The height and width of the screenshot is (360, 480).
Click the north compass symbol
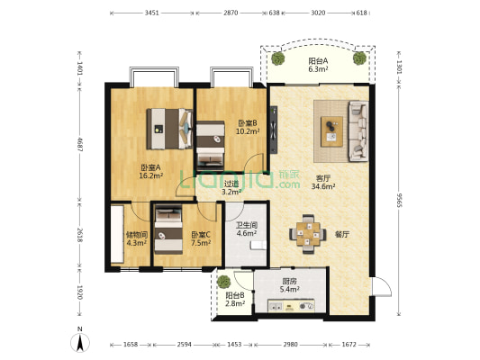click(80, 340)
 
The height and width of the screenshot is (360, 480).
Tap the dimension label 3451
click(152, 13)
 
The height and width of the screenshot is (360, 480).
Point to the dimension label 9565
click(399, 200)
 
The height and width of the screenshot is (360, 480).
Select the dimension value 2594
click(185, 345)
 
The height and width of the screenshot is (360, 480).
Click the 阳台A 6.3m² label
click(318, 65)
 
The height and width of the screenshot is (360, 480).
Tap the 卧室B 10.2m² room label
click(248, 127)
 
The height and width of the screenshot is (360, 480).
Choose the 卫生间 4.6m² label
click(247, 229)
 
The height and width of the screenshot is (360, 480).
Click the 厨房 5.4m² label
click(289, 285)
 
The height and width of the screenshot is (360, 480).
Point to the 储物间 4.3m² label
click(137, 238)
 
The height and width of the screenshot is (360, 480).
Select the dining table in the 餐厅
click(308, 234)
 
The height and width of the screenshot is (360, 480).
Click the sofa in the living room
click(358, 131)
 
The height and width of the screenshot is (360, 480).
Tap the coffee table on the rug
click(331, 131)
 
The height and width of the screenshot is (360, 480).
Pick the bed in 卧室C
click(168, 229)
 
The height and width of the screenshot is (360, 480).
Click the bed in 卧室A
click(169, 129)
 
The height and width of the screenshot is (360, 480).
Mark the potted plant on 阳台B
click(223, 282)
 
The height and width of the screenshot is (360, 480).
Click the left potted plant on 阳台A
click(278, 58)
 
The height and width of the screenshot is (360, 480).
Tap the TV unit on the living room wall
click(274, 130)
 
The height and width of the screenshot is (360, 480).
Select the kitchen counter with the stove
click(291, 306)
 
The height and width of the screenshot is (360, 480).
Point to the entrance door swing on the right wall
click(382, 286)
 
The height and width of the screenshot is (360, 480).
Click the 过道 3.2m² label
click(231, 188)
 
